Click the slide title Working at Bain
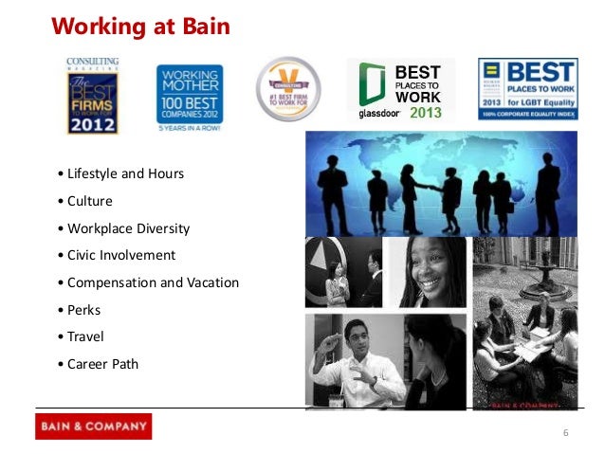pyautogui.click(x=140, y=26)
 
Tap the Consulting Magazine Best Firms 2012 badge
pyautogui.click(x=92, y=96)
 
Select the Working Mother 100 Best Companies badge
pyautogui.click(x=190, y=95)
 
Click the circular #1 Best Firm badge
pyautogui.click(x=288, y=89)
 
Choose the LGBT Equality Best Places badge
pyautogui.click(x=528, y=89)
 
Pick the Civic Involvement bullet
pyautogui.click(x=121, y=255)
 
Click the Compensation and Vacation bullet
pyautogui.click(x=153, y=282)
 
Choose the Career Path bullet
pyautogui.click(x=102, y=363)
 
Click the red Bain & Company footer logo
pyautogui.click(x=93, y=426)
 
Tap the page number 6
pyautogui.click(x=565, y=433)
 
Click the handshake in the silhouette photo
pyautogui.click(x=434, y=187)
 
